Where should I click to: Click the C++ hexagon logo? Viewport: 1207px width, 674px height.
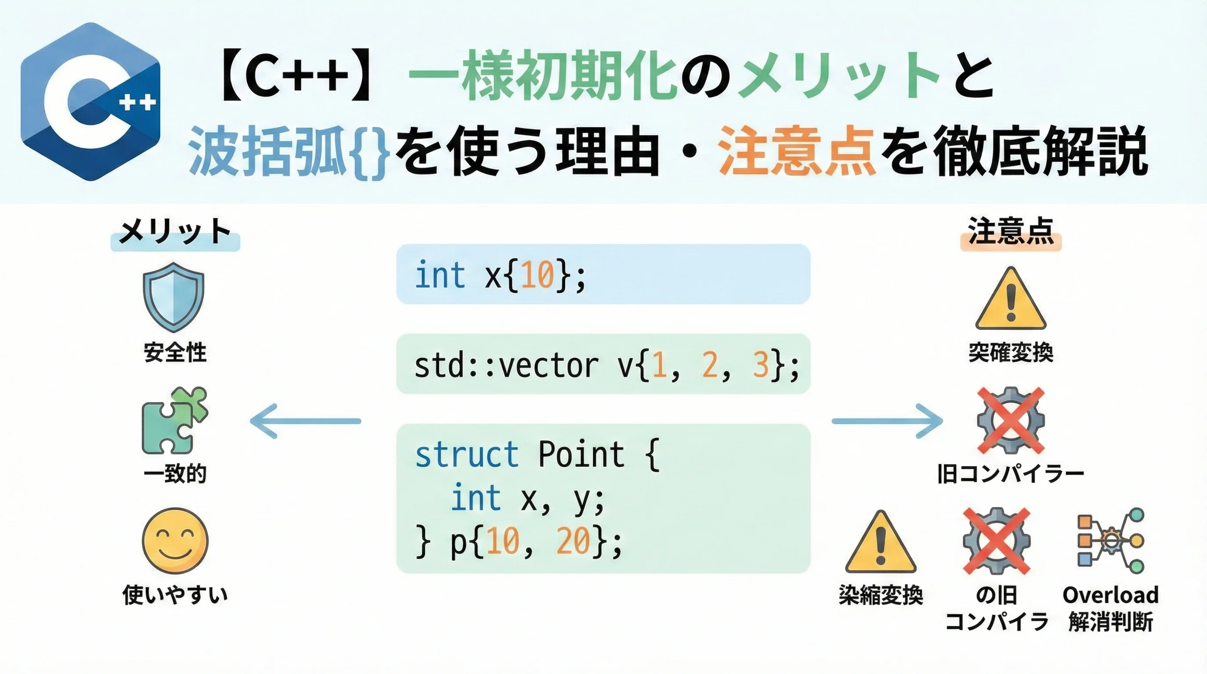click(x=90, y=102)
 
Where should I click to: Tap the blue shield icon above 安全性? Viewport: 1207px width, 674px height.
click(x=173, y=297)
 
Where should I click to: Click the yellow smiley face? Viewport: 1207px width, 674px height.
click(x=175, y=541)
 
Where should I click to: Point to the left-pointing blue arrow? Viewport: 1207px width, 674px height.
click(x=306, y=421)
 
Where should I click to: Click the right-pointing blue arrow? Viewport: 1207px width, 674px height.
click(x=887, y=421)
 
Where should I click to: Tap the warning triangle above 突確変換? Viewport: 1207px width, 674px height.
click(x=1011, y=298)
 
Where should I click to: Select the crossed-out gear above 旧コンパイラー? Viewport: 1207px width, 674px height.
click(x=1011, y=420)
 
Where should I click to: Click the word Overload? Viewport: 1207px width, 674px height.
click(x=1111, y=595)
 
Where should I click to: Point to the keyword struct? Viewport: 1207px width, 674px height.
click(x=467, y=454)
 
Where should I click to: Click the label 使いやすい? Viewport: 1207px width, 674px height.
click(x=175, y=595)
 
